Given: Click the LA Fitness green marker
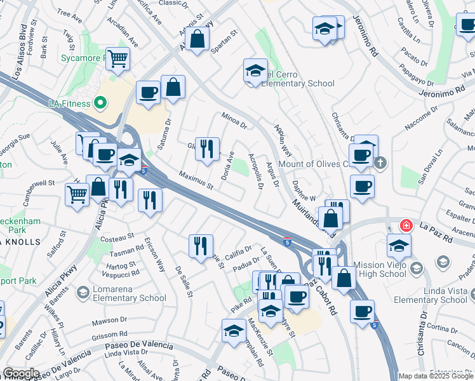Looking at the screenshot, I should point(100,102).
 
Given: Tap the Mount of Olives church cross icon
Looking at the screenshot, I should point(380,163).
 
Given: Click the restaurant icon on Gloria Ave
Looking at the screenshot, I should point(207,149).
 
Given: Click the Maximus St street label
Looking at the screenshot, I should point(196,180).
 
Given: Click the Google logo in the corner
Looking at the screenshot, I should point(22,373).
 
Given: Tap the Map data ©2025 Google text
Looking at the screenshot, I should point(435,376).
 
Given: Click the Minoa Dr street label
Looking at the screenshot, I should point(234,119).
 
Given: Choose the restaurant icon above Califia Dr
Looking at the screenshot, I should point(201,246).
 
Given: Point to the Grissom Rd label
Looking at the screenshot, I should point(105,334).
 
